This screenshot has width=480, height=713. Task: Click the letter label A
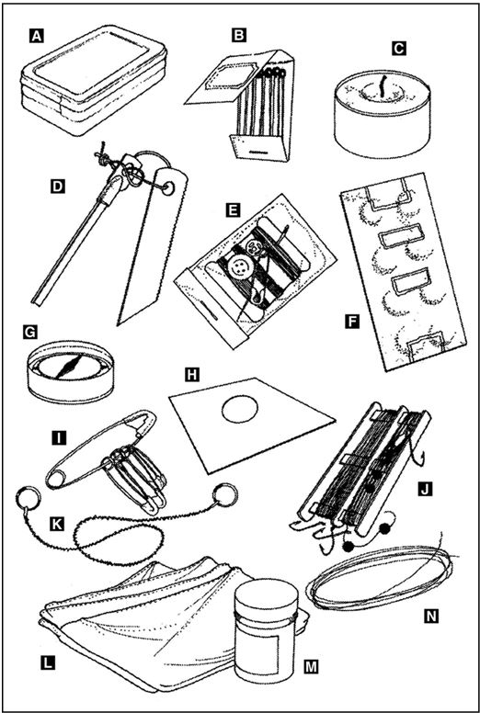(37, 36)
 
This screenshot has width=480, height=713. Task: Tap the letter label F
(351, 323)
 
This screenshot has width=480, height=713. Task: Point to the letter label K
(56, 525)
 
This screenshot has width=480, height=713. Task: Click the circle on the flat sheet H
(240, 409)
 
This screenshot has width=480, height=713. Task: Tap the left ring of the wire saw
(28, 497)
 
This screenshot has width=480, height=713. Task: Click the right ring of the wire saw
(225, 493)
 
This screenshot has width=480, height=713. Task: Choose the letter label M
(312, 667)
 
